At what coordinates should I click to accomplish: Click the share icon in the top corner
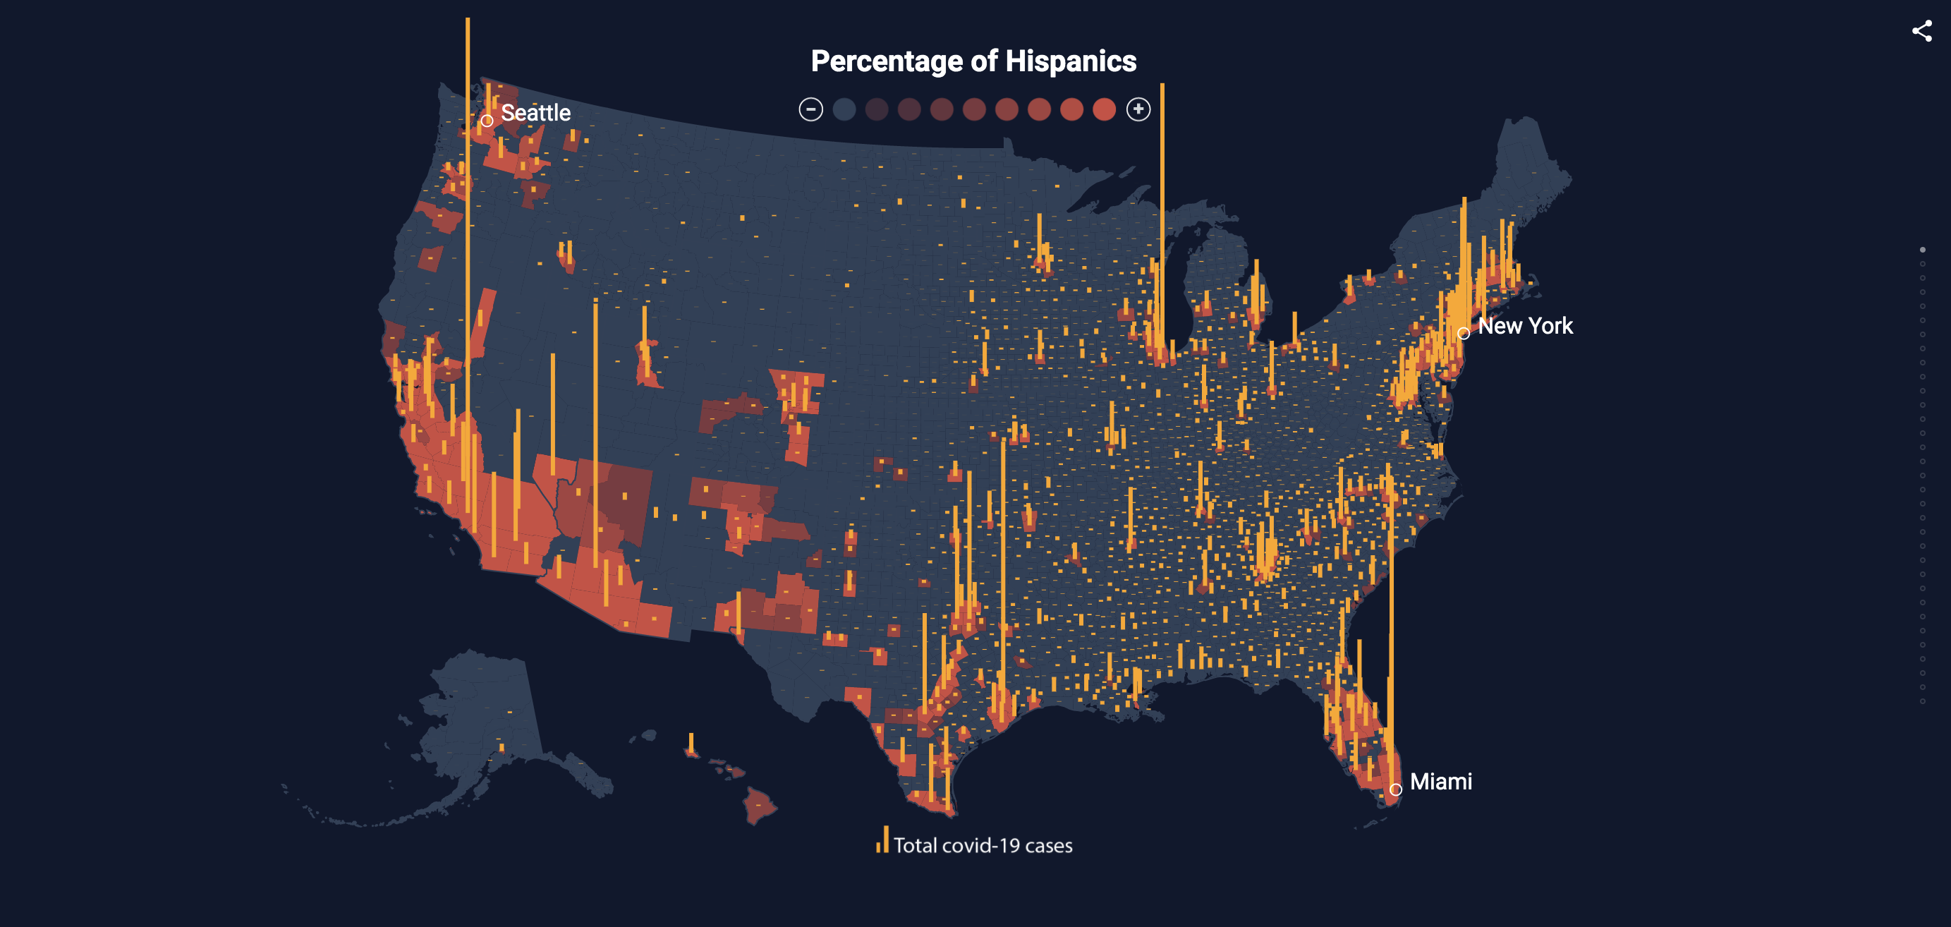pyautogui.click(x=1921, y=31)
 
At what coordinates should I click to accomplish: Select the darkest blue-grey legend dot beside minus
pyautogui.click(x=844, y=110)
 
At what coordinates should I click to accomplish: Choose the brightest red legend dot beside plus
pyautogui.click(x=1105, y=110)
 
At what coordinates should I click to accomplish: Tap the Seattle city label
pyautogui.click(x=535, y=113)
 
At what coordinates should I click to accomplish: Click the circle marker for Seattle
pyautogui.click(x=487, y=121)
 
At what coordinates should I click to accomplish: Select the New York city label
pyautogui.click(x=1524, y=327)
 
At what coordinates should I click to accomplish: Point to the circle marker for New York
pyautogui.click(x=1463, y=333)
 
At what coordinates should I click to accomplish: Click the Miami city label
pyautogui.click(x=1440, y=782)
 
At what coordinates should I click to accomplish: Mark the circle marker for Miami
pyautogui.click(x=1395, y=789)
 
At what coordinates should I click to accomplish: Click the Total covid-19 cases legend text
pyautogui.click(x=983, y=845)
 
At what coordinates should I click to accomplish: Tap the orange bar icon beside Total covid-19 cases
pyautogui.click(x=882, y=840)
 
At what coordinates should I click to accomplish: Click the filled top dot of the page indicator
pyautogui.click(x=1922, y=250)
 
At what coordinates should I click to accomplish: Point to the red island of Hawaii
pyautogui.click(x=759, y=806)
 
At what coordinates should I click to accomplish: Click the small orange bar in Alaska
pyautogui.click(x=502, y=749)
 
